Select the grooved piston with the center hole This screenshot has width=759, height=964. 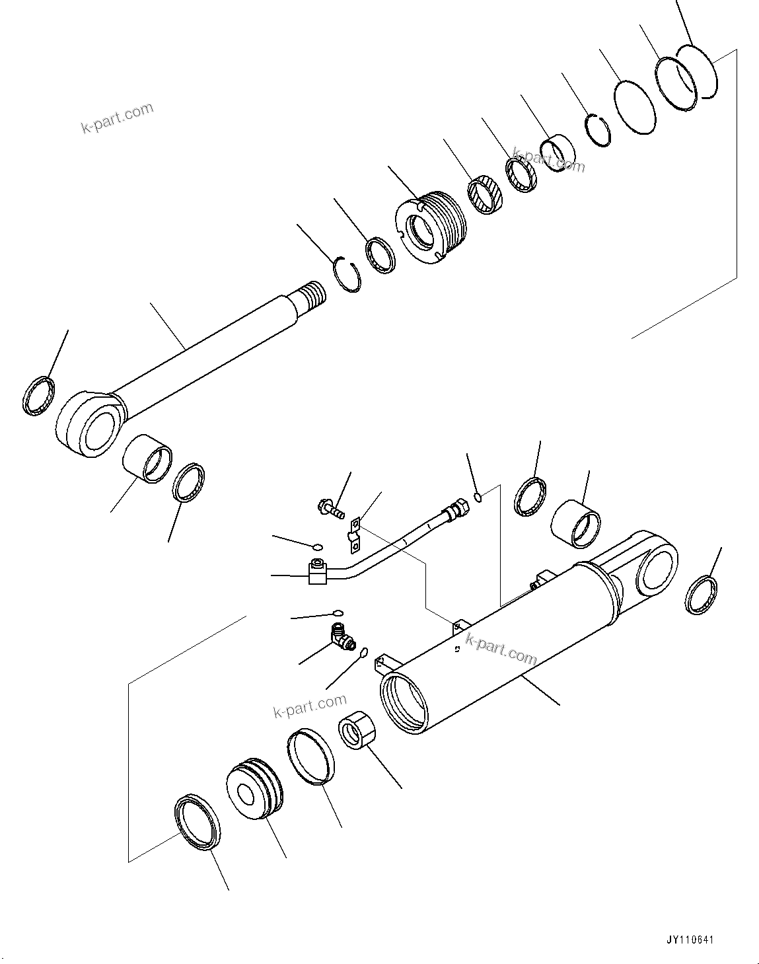point(254,791)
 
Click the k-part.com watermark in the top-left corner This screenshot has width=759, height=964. point(117,118)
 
